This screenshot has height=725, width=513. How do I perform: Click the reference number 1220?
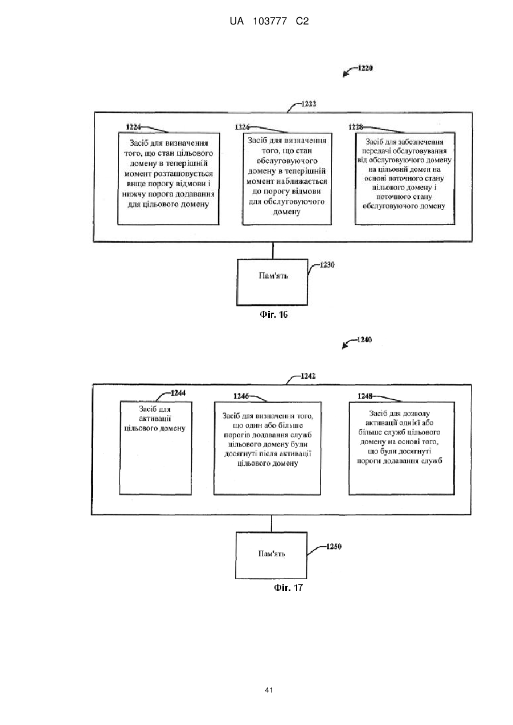366,68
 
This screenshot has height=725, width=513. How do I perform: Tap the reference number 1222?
309,104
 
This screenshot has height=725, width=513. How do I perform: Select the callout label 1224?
133,127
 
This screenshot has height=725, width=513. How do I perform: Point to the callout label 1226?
242,127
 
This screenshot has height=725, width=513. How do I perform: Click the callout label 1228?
356,127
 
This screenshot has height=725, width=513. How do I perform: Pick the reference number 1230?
327,265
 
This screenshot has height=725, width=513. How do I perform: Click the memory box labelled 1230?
272,282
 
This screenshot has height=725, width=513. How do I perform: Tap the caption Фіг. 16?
273,314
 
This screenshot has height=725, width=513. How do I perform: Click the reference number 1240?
364,339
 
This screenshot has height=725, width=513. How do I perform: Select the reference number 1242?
308,376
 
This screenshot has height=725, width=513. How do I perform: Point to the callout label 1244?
178,393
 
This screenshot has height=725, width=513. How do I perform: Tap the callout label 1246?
241,396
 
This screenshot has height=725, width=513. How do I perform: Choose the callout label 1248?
365,396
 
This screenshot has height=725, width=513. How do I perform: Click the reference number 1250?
334,547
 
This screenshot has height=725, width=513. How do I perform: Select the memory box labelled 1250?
271,555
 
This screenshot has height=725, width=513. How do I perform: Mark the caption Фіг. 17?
288,587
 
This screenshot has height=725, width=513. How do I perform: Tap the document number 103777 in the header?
270,22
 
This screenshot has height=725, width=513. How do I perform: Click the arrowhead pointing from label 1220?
346,75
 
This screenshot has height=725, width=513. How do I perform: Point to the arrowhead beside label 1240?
345,346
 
